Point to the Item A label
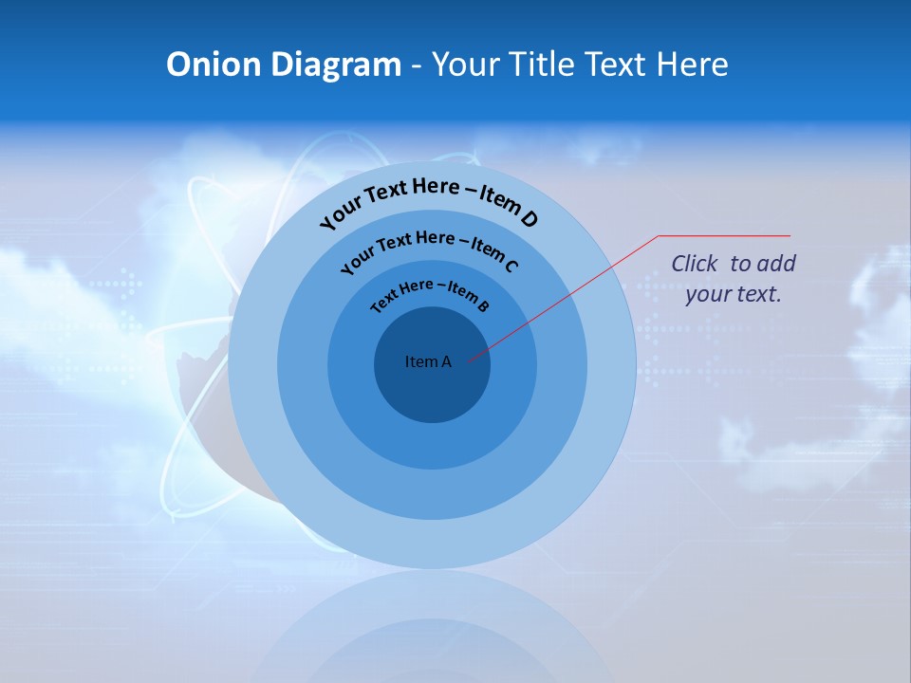click(428, 361)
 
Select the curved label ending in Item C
click(429, 249)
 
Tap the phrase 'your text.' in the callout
click(733, 294)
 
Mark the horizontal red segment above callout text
click(724, 235)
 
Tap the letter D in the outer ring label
click(529, 219)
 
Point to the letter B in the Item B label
click(483, 305)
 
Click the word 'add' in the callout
click(776, 264)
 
